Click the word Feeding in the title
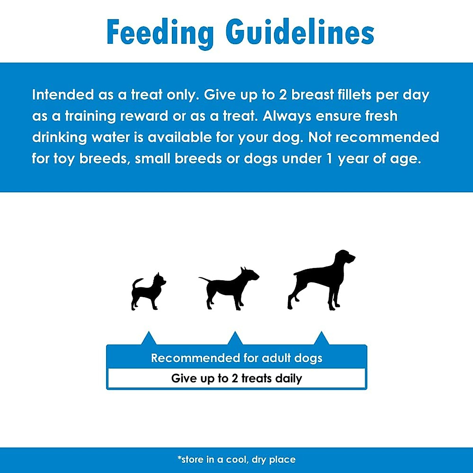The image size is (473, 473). click(x=160, y=33)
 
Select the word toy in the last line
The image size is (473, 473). click(x=64, y=159)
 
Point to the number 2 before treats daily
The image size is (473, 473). click(x=235, y=378)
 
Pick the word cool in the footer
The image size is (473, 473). click(x=236, y=460)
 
